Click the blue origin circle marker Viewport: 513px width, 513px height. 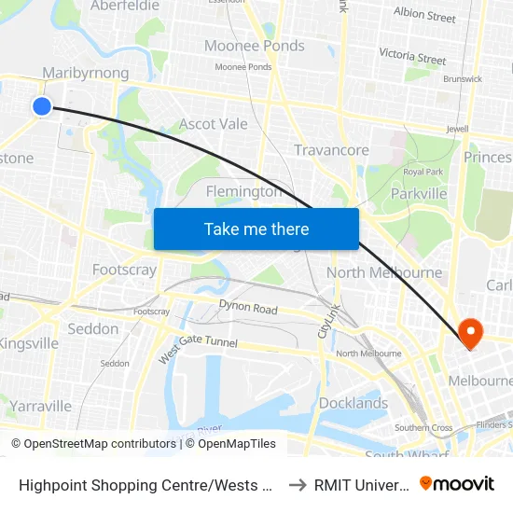[x=42, y=106]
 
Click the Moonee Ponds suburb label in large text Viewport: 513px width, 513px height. [x=255, y=46]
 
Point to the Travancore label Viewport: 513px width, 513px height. [x=331, y=150]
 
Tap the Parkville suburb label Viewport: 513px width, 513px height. [x=419, y=193]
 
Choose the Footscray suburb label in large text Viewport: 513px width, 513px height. [x=124, y=270]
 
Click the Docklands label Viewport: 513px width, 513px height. [x=354, y=403]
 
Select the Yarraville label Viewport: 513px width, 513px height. [x=41, y=406]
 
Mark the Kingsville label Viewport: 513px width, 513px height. [x=30, y=343]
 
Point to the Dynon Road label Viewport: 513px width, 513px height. [x=249, y=306]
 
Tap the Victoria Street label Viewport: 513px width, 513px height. [x=413, y=58]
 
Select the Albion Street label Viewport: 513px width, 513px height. [x=424, y=16]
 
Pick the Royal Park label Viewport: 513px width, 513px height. [x=422, y=173]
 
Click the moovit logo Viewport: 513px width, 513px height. [x=457, y=483]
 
